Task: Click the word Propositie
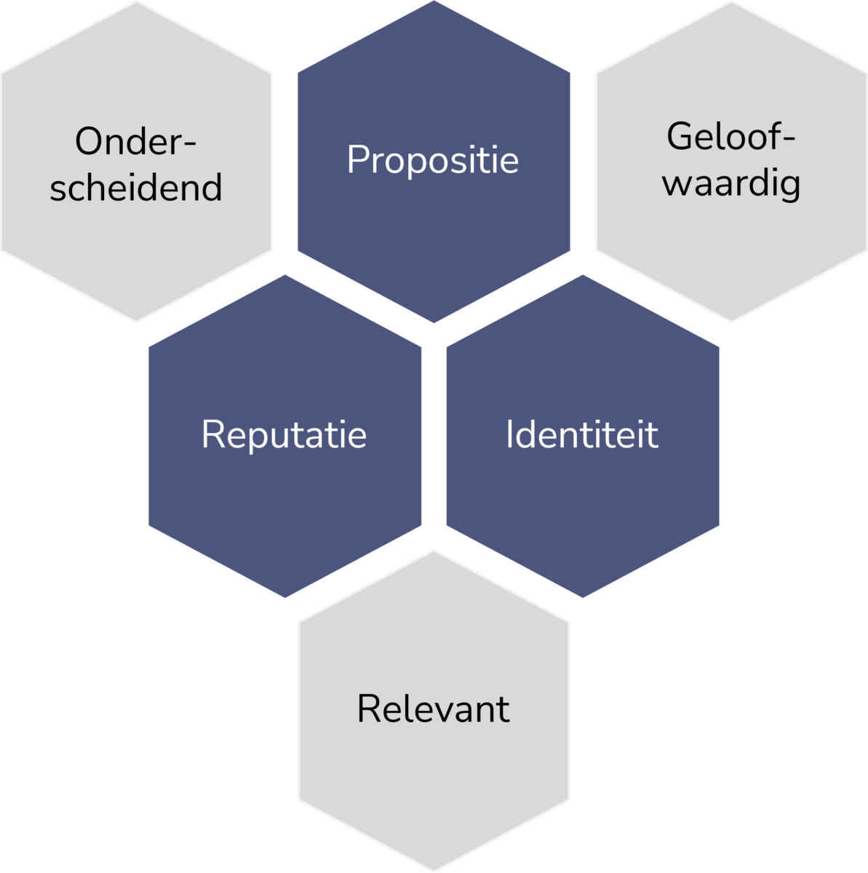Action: (433, 160)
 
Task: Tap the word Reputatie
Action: (284, 435)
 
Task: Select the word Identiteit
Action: (582, 435)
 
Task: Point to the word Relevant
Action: (434, 709)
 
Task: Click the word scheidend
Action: (136, 188)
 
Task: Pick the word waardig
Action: (731, 183)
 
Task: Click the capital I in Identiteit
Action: (509, 435)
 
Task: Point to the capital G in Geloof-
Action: (678, 137)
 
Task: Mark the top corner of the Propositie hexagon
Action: (434, 1)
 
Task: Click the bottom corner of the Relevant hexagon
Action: (434, 870)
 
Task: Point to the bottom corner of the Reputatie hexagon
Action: (285, 597)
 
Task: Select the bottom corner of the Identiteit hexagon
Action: (583, 597)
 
